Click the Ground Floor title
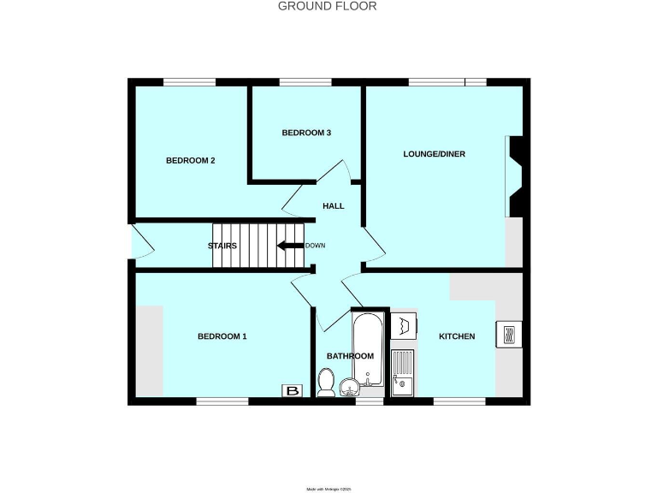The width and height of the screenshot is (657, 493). click(x=328, y=6)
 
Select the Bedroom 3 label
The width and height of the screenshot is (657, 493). click(x=306, y=133)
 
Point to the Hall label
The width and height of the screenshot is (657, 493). click(x=333, y=206)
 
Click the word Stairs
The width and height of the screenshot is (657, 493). click(x=222, y=246)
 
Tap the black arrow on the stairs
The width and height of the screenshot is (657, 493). click(x=288, y=246)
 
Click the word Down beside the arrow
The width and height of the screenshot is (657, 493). click(x=315, y=246)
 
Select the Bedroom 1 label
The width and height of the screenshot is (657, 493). click(x=222, y=336)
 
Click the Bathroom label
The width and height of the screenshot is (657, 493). click(x=351, y=356)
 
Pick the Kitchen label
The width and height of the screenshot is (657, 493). click(x=457, y=336)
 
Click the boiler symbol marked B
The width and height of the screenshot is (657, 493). click(x=293, y=391)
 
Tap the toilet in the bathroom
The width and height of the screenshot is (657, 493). click(x=325, y=383)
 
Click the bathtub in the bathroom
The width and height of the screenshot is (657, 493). click(x=370, y=347)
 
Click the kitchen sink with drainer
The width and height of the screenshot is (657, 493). click(x=402, y=373)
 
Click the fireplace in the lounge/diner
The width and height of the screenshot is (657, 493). click(x=515, y=175)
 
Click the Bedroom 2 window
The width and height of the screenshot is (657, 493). click(x=189, y=82)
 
